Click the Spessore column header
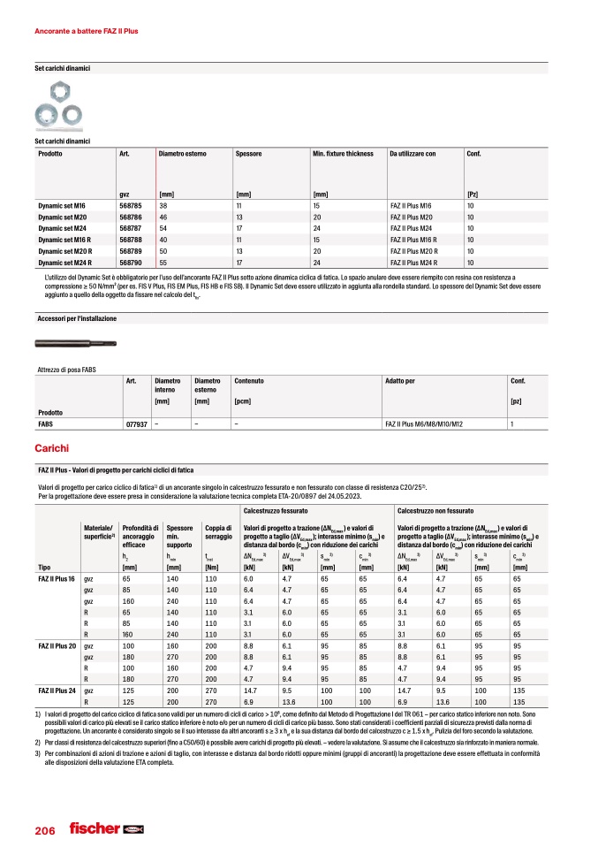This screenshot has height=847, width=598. click(249, 154)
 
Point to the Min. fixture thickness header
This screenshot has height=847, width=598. click(343, 154)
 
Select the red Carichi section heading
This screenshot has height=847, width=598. click(50, 450)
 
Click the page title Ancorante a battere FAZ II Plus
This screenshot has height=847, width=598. click(87, 31)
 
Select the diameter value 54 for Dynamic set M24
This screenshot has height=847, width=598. click(163, 228)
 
